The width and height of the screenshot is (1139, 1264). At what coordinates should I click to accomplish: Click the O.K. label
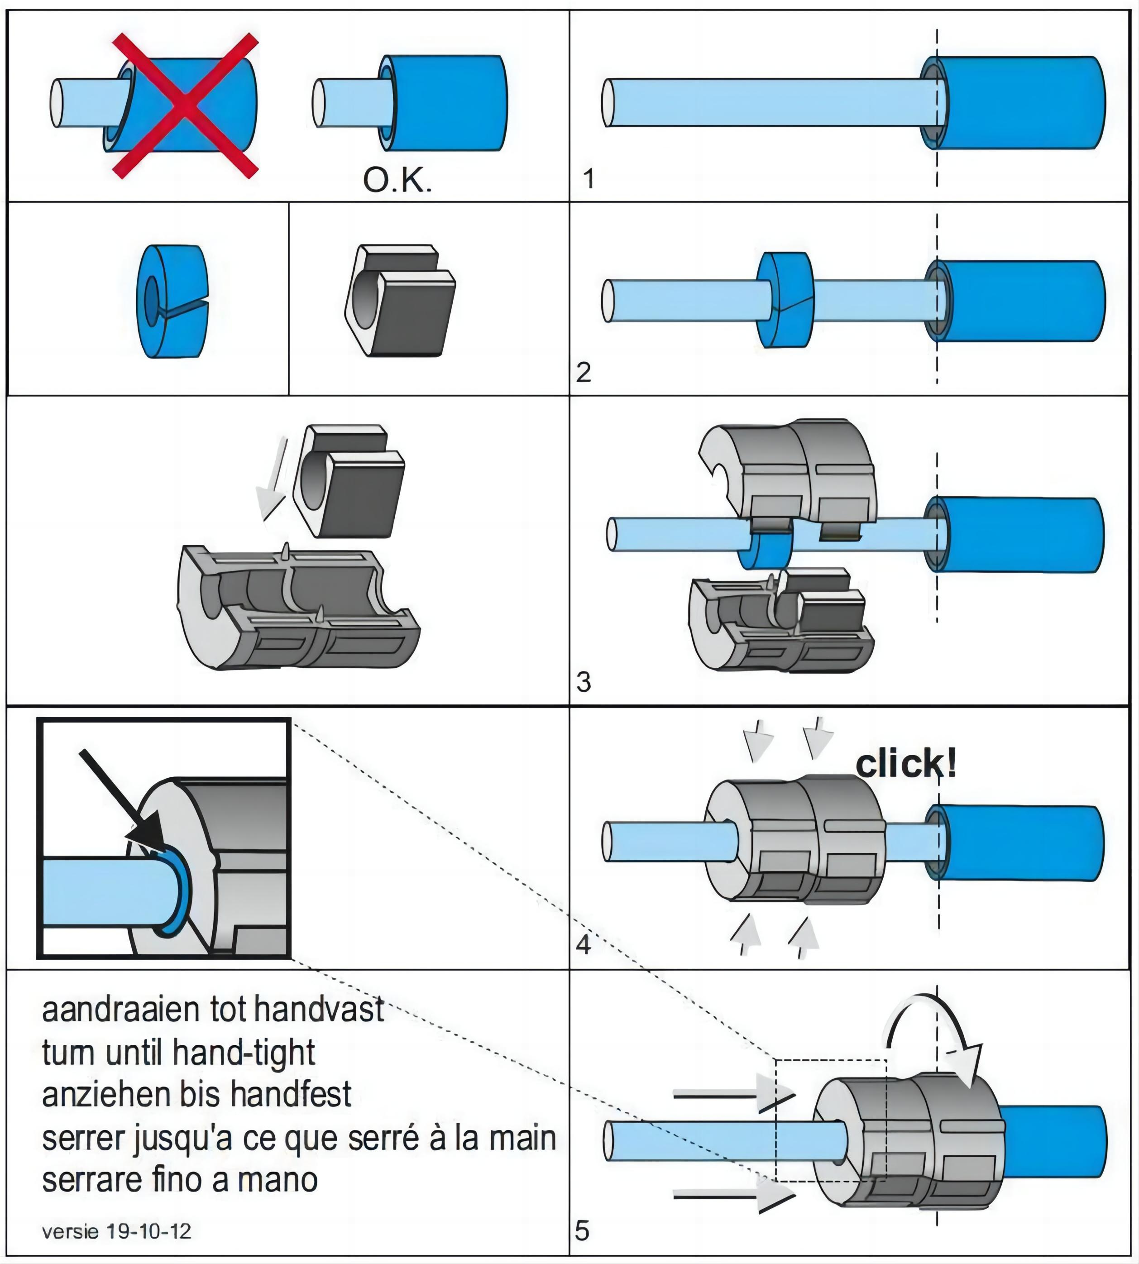coord(397,181)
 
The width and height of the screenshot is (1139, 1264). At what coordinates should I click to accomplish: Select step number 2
coord(583,373)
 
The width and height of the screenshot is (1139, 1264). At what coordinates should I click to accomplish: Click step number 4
coord(583,945)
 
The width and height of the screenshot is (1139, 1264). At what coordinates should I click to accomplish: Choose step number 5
coord(582,1231)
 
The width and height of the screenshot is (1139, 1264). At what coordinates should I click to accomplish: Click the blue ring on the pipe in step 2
coord(786,300)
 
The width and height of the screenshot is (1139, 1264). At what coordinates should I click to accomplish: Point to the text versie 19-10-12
coord(116,1231)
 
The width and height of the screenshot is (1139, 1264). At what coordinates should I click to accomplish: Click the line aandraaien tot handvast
coord(213,1010)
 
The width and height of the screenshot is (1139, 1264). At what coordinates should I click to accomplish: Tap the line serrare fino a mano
coord(180,1180)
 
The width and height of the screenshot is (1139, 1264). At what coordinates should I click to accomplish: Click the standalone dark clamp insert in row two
coord(401,301)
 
